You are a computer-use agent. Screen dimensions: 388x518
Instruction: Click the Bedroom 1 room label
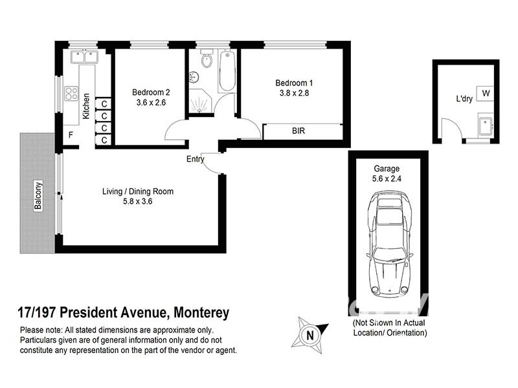tap(294, 83)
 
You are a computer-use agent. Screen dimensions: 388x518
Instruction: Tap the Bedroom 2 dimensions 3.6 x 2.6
tap(152, 102)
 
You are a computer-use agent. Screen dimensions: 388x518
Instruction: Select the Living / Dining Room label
tap(137, 191)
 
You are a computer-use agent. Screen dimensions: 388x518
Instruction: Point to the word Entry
tap(195, 159)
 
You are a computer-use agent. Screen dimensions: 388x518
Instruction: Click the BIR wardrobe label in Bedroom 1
tap(298, 131)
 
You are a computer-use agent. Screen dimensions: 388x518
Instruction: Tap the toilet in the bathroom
tap(206, 60)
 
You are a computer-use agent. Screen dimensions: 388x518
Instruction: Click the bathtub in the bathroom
tap(226, 71)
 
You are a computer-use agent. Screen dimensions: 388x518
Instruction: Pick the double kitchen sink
tap(82, 56)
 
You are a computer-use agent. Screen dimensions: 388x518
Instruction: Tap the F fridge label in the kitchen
tap(71, 136)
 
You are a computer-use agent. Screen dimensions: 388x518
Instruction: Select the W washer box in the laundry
tap(486, 94)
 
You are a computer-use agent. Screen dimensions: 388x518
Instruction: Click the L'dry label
tap(464, 99)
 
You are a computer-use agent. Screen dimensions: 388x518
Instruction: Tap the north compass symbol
tap(310, 335)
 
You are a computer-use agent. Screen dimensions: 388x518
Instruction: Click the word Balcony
tap(38, 193)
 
